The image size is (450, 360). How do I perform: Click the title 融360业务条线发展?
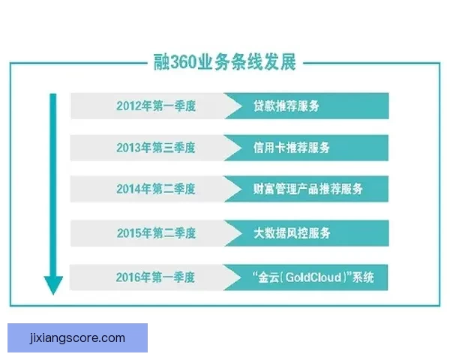pyautogui.click(x=224, y=63)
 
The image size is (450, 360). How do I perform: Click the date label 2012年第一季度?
pyautogui.click(x=155, y=106)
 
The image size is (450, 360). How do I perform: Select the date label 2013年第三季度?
pyautogui.click(x=155, y=148)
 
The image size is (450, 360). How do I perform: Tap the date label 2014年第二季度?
pyautogui.click(x=155, y=190)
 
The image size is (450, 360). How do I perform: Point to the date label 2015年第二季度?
pyautogui.click(x=155, y=233)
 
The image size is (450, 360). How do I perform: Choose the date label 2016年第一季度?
pyautogui.click(x=155, y=277)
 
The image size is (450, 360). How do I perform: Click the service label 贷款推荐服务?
pyautogui.click(x=286, y=106)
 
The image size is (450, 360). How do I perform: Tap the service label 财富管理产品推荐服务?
pyautogui.click(x=308, y=190)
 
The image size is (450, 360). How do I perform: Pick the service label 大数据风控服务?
pyautogui.click(x=292, y=233)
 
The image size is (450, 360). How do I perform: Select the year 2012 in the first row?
pyautogui.click(x=129, y=106)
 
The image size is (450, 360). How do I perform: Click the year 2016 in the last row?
pyautogui.click(x=129, y=277)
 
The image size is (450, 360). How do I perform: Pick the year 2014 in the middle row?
pyautogui.click(x=129, y=190)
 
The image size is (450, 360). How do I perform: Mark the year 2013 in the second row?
pyautogui.click(x=129, y=148)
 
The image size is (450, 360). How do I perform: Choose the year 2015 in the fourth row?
pyautogui.click(x=129, y=233)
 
